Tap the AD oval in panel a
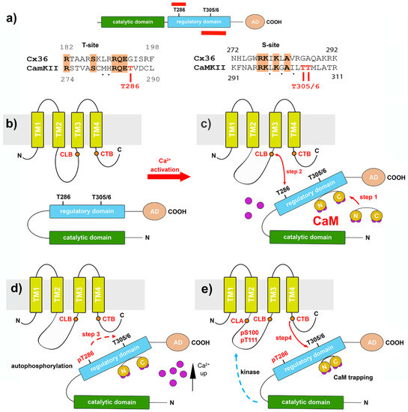(256, 23)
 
